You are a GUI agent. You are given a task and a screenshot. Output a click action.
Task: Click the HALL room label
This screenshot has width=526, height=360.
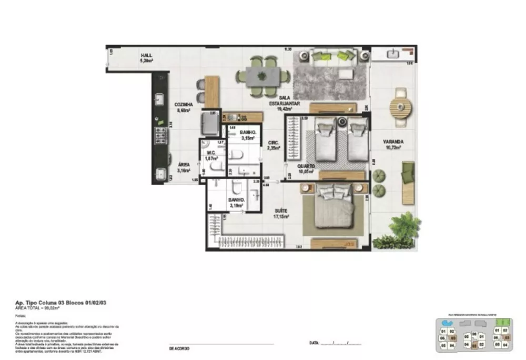coord(146,55)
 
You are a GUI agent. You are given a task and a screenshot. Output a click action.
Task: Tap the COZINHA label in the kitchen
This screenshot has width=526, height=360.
coord(184,105)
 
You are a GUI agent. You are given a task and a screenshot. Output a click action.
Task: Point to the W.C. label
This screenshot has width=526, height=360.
coord(211,154)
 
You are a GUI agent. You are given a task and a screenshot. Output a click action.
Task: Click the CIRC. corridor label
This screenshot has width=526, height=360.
coord(274,143)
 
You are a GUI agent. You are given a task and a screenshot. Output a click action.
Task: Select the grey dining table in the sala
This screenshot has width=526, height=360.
coord(262,76)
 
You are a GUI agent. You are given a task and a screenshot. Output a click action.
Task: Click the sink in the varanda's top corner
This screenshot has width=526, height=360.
coord(392,54)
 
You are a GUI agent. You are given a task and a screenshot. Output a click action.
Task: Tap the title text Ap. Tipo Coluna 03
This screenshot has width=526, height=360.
coord(47,304)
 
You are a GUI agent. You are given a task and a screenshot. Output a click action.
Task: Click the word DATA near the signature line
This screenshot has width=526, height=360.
coord(314,343)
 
